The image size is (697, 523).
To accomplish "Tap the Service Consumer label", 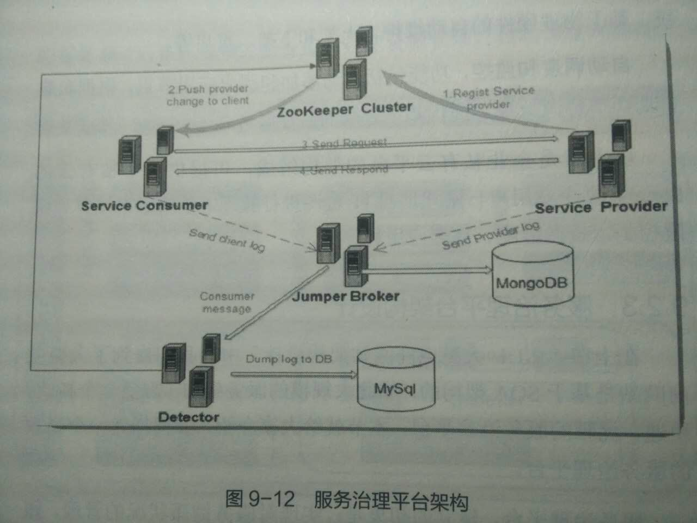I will pyautogui.click(x=144, y=206).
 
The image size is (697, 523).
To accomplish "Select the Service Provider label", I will pyautogui.click(x=601, y=208).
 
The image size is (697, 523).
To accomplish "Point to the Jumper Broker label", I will pyautogui.click(x=346, y=297).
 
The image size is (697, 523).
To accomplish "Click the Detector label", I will pyautogui.click(x=188, y=417).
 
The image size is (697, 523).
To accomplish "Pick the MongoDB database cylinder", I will pyautogui.click(x=532, y=274).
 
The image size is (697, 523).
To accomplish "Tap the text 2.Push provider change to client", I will pyautogui.click(x=207, y=95).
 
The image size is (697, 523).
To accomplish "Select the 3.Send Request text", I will pyautogui.click(x=345, y=143).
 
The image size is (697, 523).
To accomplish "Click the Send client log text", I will pyautogui.click(x=227, y=240).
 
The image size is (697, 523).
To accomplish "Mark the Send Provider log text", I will pyautogui.click(x=491, y=236).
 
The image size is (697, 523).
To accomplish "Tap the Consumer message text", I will pyautogui.click(x=227, y=302).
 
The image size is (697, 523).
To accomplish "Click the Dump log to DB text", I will pyautogui.click(x=289, y=359).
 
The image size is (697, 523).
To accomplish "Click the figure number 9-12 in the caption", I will pyautogui.click(x=271, y=499).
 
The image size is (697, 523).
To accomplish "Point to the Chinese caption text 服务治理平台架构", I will pyautogui.click(x=390, y=500).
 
